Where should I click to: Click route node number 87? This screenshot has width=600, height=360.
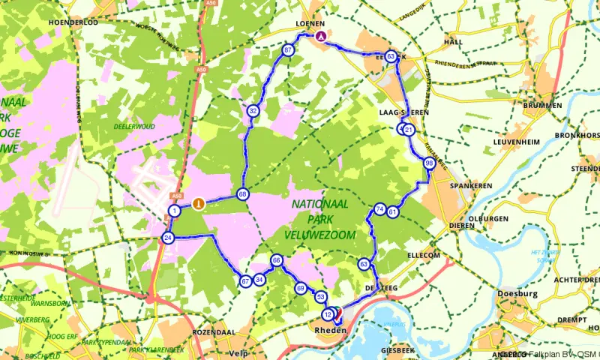pyautogui.click(x=289, y=50)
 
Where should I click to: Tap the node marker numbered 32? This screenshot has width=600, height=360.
pyautogui.click(x=253, y=111)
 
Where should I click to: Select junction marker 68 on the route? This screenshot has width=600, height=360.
pyautogui.click(x=243, y=194)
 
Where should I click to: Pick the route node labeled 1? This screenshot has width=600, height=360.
pyautogui.click(x=174, y=211)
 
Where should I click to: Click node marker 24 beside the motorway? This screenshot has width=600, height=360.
pyautogui.click(x=167, y=238)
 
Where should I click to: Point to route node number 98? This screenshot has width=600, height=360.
pyautogui.click(x=429, y=163)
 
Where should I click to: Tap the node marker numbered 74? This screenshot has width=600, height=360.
pyautogui.click(x=380, y=209)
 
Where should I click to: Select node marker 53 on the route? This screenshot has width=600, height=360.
pyautogui.click(x=320, y=297)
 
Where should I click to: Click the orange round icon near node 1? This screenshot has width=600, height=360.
pyautogui.click(x=198, y=202)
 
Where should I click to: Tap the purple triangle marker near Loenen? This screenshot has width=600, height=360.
pyautogui.click(x=322, y=35)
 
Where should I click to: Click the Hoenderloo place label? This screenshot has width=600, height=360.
pyautogui.click(x=73, y=22)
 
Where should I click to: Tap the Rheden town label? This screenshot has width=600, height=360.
pyautogui.click(x=331, y=331)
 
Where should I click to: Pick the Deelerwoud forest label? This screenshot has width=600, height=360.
pyautogui.click(x=135, y=127)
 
